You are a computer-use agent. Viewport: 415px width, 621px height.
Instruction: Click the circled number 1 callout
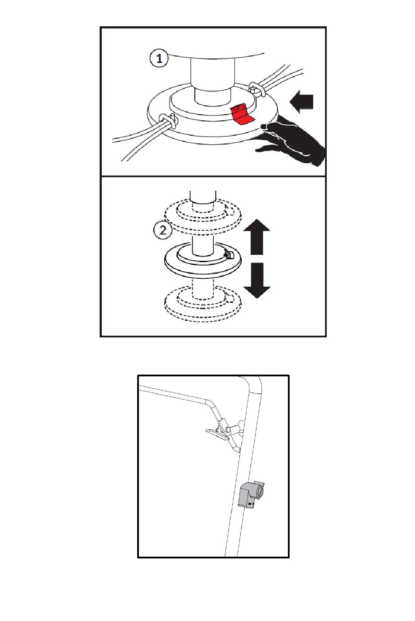(x=159, y=59)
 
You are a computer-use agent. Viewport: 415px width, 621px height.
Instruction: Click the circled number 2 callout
(x=163, y=230)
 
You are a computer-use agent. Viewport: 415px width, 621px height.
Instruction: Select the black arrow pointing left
(x=301, y=102)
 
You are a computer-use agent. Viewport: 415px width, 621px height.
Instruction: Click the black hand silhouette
(x=293, y=141)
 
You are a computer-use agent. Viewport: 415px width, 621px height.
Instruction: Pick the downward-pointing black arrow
(x=257, y=281)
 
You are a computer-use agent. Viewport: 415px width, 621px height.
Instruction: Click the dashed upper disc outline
(x=203, y=216)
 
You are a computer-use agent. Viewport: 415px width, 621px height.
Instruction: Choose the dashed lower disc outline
(x=203, y=305)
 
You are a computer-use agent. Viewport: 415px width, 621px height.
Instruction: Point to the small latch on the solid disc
(x=229, y=255)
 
